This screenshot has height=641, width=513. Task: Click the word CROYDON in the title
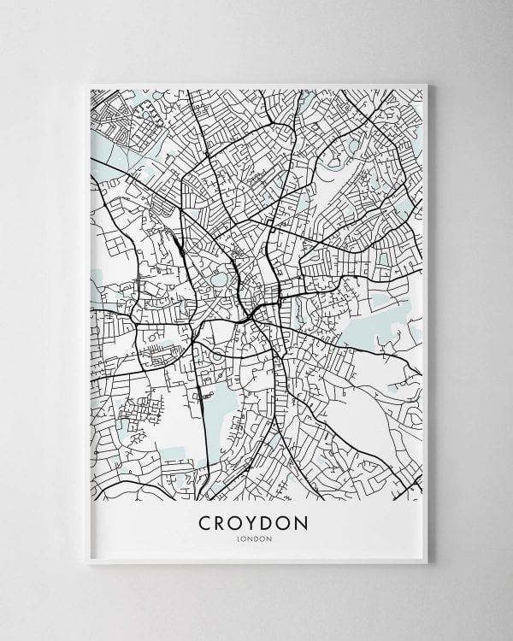pos(256,521)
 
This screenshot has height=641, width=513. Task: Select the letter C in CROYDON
pos(205,521)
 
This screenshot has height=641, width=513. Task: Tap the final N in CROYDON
pos(306,521)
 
